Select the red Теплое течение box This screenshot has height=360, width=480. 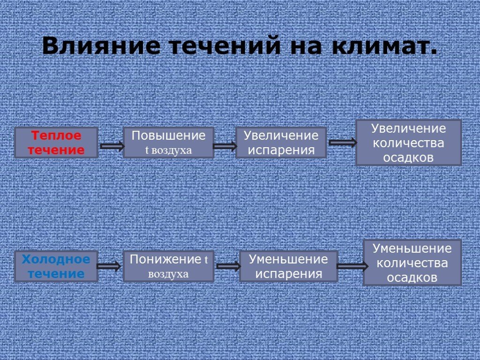point(56,143)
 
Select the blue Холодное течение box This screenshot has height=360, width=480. point(56,266)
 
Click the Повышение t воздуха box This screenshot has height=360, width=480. point(168,142)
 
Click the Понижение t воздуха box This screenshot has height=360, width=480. point(168,266)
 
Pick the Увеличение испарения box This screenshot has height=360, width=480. point(281,142)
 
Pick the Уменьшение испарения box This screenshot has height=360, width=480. point(288,266)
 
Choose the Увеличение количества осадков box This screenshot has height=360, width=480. point(408,142)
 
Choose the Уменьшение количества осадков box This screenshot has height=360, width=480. point(412,262)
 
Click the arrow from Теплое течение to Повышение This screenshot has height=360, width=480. point(112,146)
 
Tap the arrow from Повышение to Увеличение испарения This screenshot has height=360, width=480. point(225,146)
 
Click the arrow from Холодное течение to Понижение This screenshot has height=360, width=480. point(110,266)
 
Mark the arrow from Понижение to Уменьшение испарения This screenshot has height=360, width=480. point(228,266)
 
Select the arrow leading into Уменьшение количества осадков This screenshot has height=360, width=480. point(352,266)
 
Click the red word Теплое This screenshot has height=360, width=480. point(56,136)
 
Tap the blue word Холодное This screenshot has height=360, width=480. point(56,259)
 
